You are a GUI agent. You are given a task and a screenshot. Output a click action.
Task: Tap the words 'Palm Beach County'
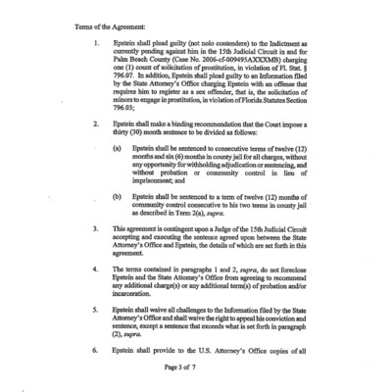point(152,65)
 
